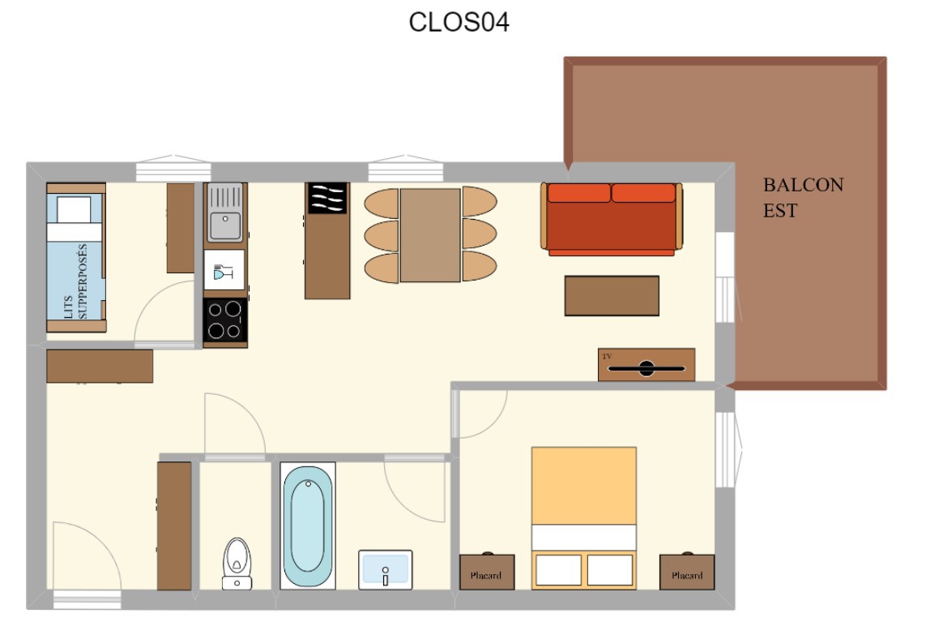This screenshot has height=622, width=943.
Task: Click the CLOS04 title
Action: [x=459, y=22]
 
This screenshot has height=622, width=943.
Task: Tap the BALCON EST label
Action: [x=803, y=198]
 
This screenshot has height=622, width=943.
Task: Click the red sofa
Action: [x=612, y=219]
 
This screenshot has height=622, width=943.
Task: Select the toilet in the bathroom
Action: [x=237, y=564]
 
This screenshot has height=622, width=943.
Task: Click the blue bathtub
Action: [x=308, y=525]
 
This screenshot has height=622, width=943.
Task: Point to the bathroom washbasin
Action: [x=385, y=569]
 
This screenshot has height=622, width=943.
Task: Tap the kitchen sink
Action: [x=225, y=212]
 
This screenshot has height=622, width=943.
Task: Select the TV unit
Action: [x=646, y=364]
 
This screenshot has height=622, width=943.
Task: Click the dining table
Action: [x=431, y=235]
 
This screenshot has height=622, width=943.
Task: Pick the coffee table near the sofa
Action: [x=612, y=296]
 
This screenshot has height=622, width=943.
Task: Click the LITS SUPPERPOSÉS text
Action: [x=76, y=281]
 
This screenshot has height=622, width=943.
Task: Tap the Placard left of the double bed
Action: [x=487, y=572]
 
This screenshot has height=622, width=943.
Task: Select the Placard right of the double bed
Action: [x=687, y=572]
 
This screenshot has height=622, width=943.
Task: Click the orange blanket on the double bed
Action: [x=583, y=486]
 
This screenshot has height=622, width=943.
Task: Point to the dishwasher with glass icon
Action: [x=224, y=270]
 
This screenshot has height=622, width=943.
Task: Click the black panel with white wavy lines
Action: [x=327, y=198]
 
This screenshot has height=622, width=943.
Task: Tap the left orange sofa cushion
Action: [x=578, y=193]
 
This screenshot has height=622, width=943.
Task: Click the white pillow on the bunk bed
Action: [x=74, y=210]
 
